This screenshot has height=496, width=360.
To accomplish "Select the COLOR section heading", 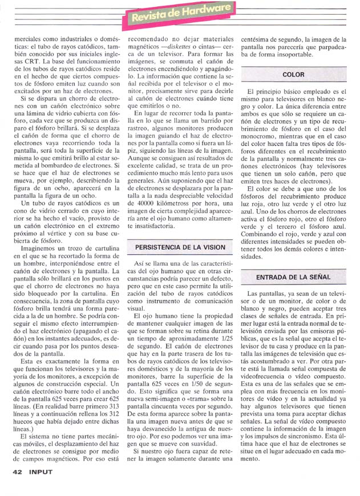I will [293, 75].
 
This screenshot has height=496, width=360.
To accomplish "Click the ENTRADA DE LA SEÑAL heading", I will [293, 277].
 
